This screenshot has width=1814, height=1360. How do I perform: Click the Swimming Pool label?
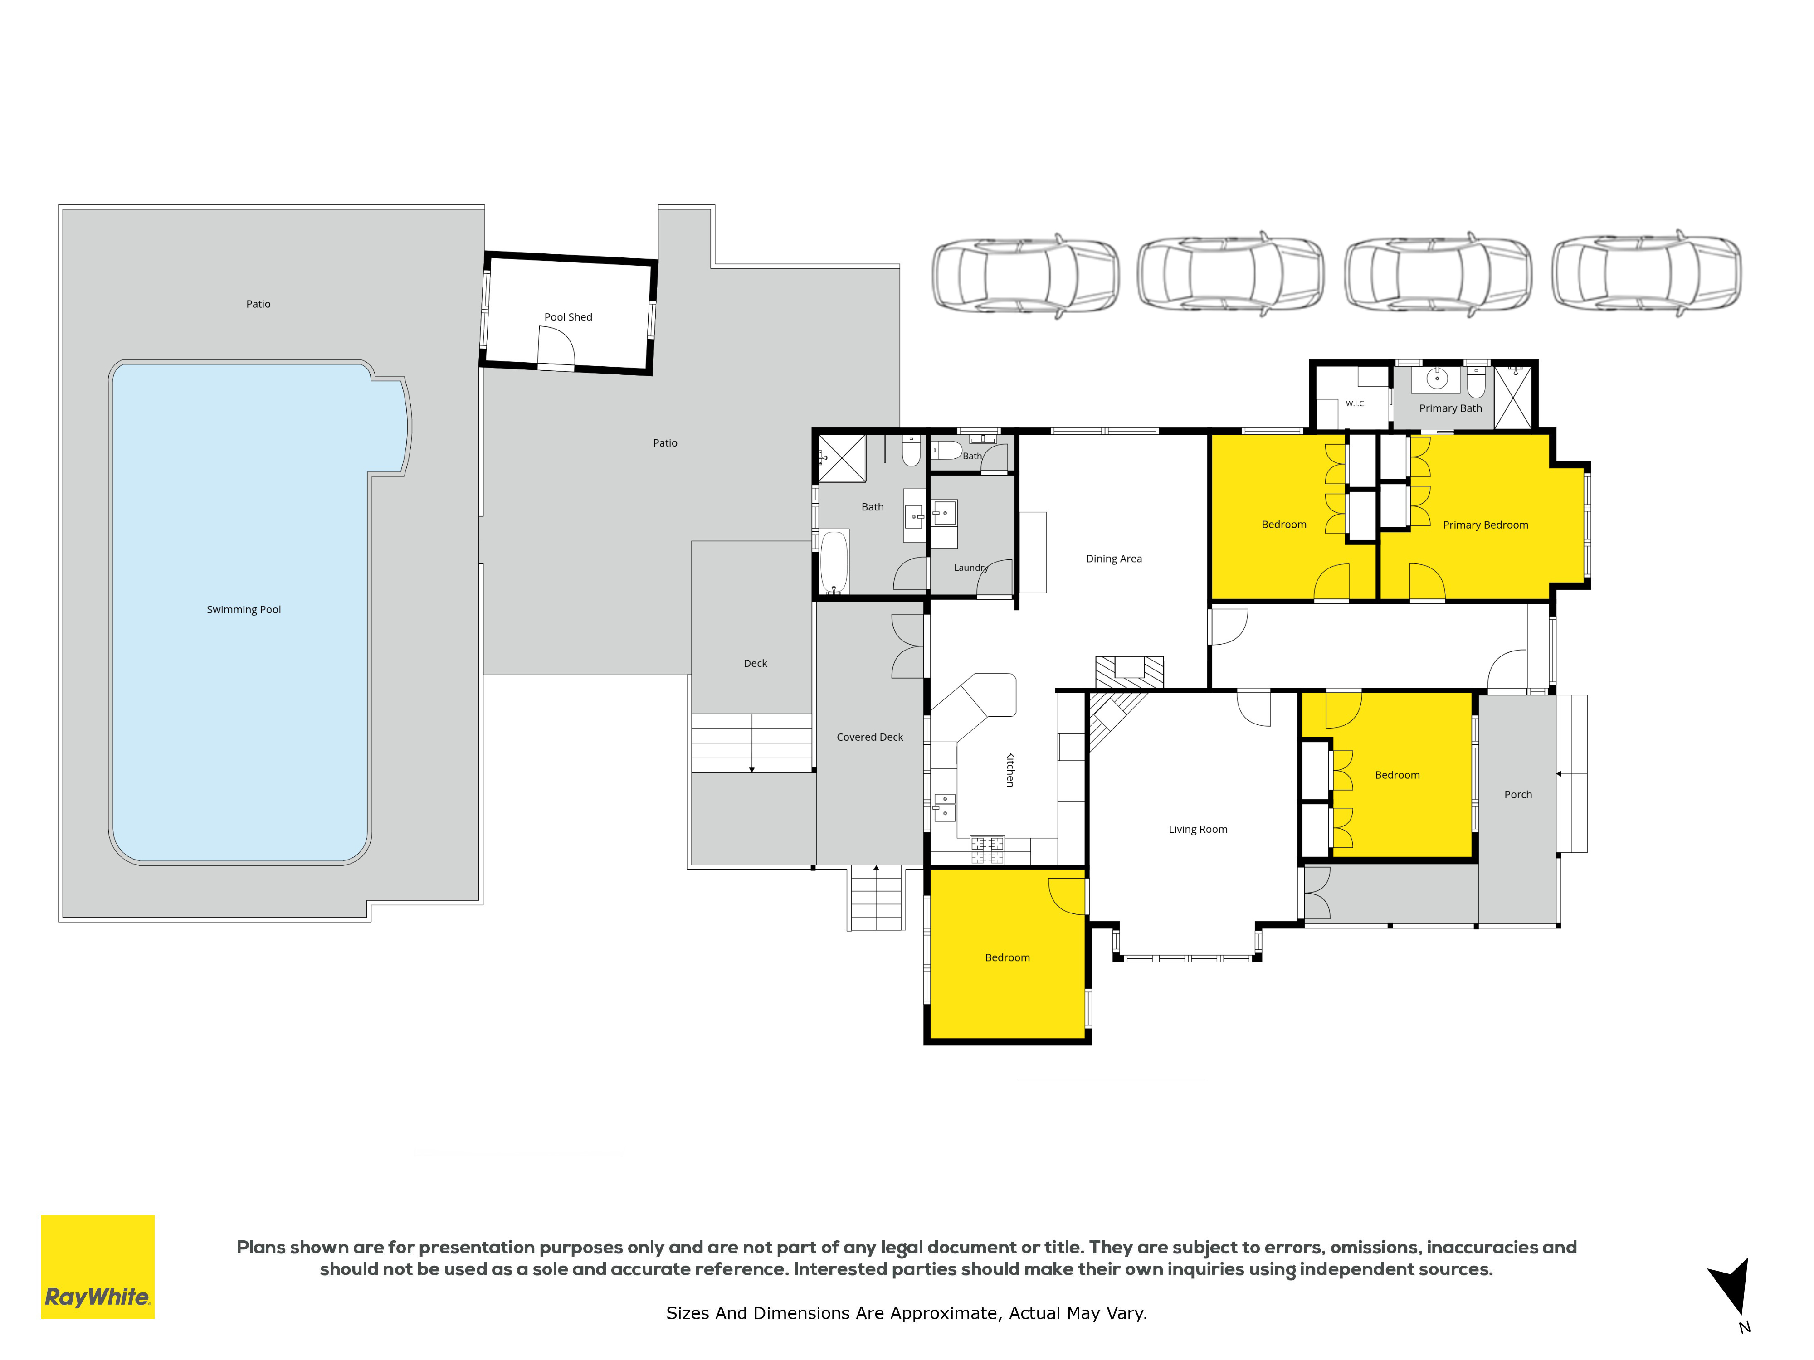(244, 610)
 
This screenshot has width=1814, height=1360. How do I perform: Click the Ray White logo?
(98, 1267)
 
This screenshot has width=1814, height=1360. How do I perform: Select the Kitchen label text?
(1010, 769)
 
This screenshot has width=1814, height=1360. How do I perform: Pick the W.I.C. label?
(1356, 403)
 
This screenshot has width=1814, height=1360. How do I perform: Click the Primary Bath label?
(1451, 408)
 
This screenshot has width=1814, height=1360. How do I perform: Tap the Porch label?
(1518, 794)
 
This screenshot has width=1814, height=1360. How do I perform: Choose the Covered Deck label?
(869, 738)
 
